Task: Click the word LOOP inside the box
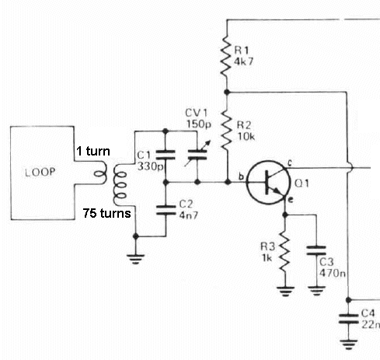coord(40,173)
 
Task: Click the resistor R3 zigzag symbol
coord(284,255)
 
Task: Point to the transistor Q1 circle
coord(268,183)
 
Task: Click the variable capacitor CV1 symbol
coord(197,154)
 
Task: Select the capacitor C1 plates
coord(166,155)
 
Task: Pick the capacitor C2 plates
coord(166,210)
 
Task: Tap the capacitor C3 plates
coord(316,250)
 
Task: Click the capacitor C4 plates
coord(349,319)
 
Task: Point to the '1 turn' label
coord(93,151)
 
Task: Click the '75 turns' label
coord(107,213)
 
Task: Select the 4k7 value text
coord(244,61)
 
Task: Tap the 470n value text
coord(333,273)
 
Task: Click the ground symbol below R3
coord(285,291)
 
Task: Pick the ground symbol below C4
coord(349,344)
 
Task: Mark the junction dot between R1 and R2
coord(227,92)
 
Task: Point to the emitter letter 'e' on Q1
coord(291,200)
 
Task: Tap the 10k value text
coord(246,137)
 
